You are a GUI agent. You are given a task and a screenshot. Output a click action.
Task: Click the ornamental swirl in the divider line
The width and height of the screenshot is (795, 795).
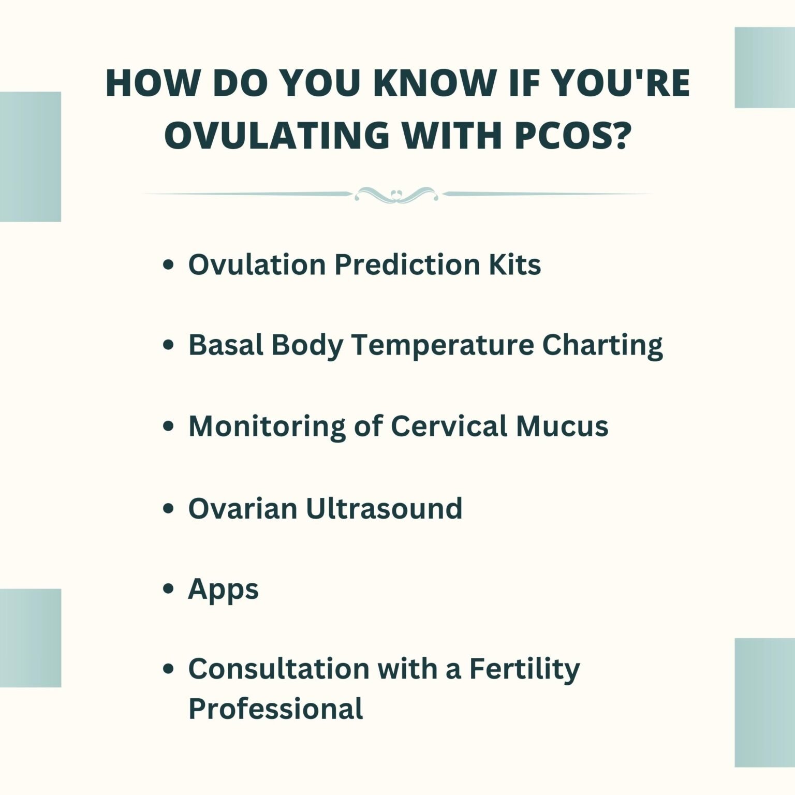click(396, 195)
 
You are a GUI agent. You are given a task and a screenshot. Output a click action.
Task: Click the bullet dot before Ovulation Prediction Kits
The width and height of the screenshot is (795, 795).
click(168, 266)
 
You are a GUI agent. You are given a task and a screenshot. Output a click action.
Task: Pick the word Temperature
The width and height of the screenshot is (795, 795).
click(443, 346)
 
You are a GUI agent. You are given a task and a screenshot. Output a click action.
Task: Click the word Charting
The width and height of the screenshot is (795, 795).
click(602, 346)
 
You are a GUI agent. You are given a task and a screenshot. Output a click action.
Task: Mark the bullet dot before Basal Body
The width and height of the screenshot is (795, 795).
click(168, 346)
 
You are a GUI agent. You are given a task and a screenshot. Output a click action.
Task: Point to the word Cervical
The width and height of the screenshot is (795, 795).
click(449, 426)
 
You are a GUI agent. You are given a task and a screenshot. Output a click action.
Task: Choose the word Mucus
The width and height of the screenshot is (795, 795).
click(562, 427)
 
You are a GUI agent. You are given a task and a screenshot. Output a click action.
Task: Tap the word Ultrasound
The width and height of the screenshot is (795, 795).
click(384, 508)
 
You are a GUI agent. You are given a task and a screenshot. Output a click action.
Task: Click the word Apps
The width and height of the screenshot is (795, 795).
click(223, 590)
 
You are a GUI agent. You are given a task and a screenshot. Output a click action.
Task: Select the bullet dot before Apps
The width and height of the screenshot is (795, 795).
click(168, 589)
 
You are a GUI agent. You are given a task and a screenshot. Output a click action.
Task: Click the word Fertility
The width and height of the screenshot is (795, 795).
click(525, 669)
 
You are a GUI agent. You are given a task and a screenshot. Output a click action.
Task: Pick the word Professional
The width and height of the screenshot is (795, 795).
click(275, 709)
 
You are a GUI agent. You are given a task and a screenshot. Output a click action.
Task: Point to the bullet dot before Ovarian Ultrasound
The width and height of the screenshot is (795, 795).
click(168, 509)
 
